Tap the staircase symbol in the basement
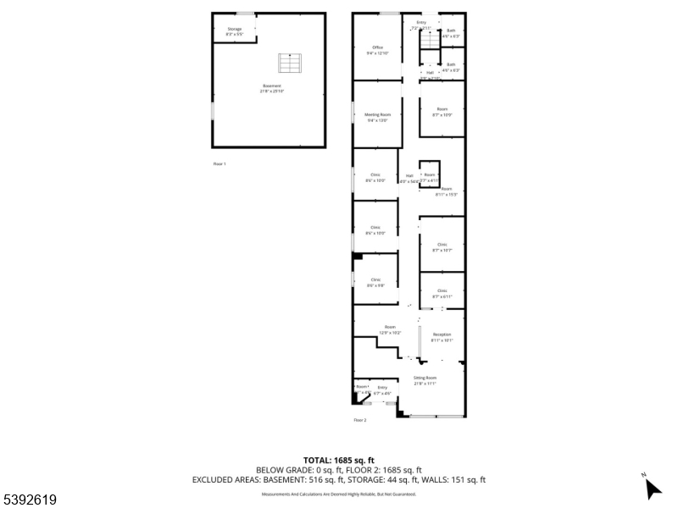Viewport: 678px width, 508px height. (289, 63)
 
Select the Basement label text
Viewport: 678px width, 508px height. (270, 88)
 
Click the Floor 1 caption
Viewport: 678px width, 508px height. (220, 163)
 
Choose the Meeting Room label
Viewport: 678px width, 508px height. (378, 117)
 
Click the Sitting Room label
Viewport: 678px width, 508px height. (425, 380)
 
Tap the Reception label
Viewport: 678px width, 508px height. (442, 337)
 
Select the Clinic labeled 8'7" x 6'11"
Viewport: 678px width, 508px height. (442, 293)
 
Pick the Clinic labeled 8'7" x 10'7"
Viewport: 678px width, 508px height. (442, 247)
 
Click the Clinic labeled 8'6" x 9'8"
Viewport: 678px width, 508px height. (375, 282)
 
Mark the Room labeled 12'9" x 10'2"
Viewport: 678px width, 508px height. (390, 329)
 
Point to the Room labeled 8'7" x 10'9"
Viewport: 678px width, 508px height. (442, 112)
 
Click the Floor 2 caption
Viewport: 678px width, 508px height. (360, 420)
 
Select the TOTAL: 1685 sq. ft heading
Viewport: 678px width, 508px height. (338, 460)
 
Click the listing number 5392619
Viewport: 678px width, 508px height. (30, 500)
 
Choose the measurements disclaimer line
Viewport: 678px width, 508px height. (338, 494)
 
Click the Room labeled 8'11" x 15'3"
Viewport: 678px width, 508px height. (446, 191)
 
